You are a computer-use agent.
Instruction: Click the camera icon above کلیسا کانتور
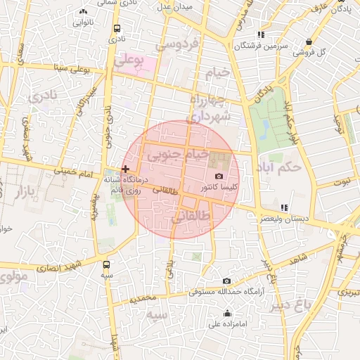click(219, 176)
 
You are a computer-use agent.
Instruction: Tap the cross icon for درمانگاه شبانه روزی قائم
click(125, 169)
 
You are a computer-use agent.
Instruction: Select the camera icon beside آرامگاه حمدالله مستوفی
click(226, 281)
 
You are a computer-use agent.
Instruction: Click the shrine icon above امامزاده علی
click(226, 314)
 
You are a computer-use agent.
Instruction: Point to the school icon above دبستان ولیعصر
click(283, 207)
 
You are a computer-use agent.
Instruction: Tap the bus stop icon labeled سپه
click(106, 265)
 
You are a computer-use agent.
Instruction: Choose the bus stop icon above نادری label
click(116, 29)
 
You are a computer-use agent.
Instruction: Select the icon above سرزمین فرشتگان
click(261, 34)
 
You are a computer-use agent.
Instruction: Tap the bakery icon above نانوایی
click(84, 11)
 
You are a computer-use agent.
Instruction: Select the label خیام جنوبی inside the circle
click(181, 153)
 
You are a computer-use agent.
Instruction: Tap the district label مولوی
click(14, 276)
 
